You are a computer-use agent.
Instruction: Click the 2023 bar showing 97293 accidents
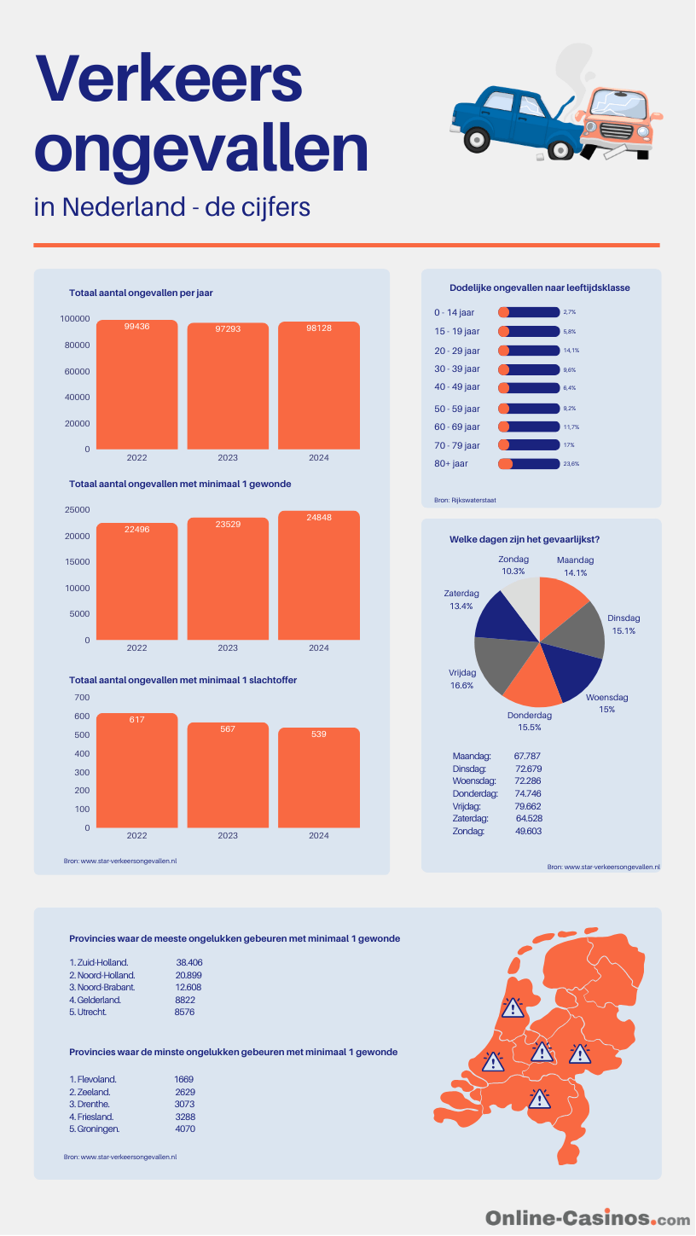(228, 386)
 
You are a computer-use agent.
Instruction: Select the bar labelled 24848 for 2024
(318, 575)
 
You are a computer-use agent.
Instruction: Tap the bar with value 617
(136, 770)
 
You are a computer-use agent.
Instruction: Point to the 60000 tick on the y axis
(77, 371)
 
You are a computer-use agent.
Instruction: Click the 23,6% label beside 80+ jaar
(571, 464)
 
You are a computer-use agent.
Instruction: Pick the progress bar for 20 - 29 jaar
(529, 351)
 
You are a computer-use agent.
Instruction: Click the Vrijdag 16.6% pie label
(462, 679)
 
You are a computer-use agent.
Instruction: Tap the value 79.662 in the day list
(528, 806)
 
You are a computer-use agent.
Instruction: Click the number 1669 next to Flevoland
(183, 1079)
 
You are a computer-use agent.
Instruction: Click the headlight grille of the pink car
(616, 131)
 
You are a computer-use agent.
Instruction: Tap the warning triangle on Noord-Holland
(513, 1008)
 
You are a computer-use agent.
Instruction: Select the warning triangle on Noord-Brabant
(539, 1100)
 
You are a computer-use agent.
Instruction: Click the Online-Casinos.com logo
(588, 1218)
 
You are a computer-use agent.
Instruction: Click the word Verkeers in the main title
(170, 78)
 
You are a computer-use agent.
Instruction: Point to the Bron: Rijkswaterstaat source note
(465, 500)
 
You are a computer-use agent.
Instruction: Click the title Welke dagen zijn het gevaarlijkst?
(525, 539)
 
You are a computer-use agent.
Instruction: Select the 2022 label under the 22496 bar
(136, 647)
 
